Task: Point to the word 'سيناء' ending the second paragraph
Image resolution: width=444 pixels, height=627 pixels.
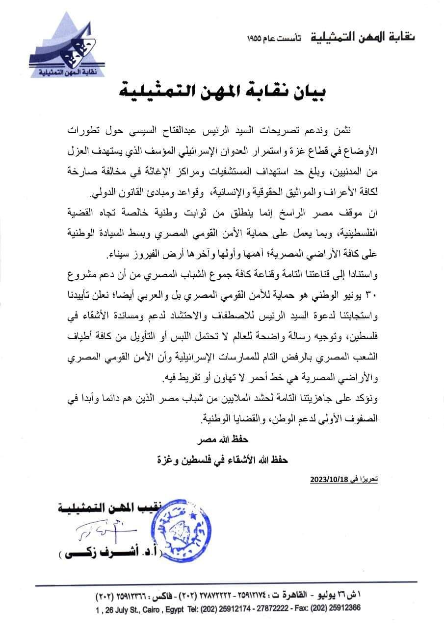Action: [123, 256]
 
